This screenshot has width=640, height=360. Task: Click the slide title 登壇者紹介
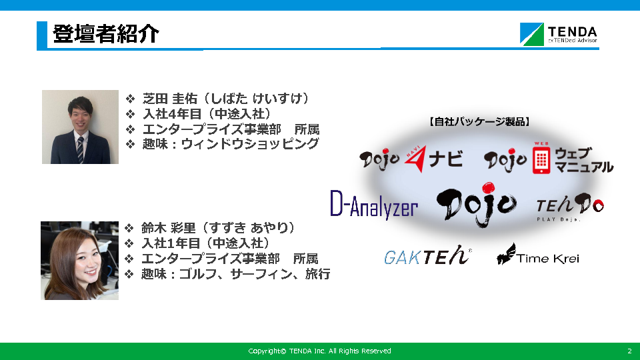106,34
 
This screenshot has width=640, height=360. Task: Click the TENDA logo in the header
559,34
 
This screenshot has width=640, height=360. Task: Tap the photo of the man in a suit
81,127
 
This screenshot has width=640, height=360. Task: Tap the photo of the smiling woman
79,261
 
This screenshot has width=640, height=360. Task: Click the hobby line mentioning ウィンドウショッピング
230,144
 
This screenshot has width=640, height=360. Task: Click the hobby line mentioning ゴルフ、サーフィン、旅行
235,274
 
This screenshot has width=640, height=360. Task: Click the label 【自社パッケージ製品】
479,121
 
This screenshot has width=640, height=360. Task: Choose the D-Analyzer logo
374,205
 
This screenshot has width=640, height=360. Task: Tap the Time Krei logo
537,254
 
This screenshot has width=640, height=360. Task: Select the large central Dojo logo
477,204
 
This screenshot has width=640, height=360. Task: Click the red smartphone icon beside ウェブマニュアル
541,160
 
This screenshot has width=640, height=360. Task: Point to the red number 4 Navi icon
415,159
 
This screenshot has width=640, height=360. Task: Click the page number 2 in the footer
629,351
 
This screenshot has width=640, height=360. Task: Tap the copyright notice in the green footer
319,351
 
